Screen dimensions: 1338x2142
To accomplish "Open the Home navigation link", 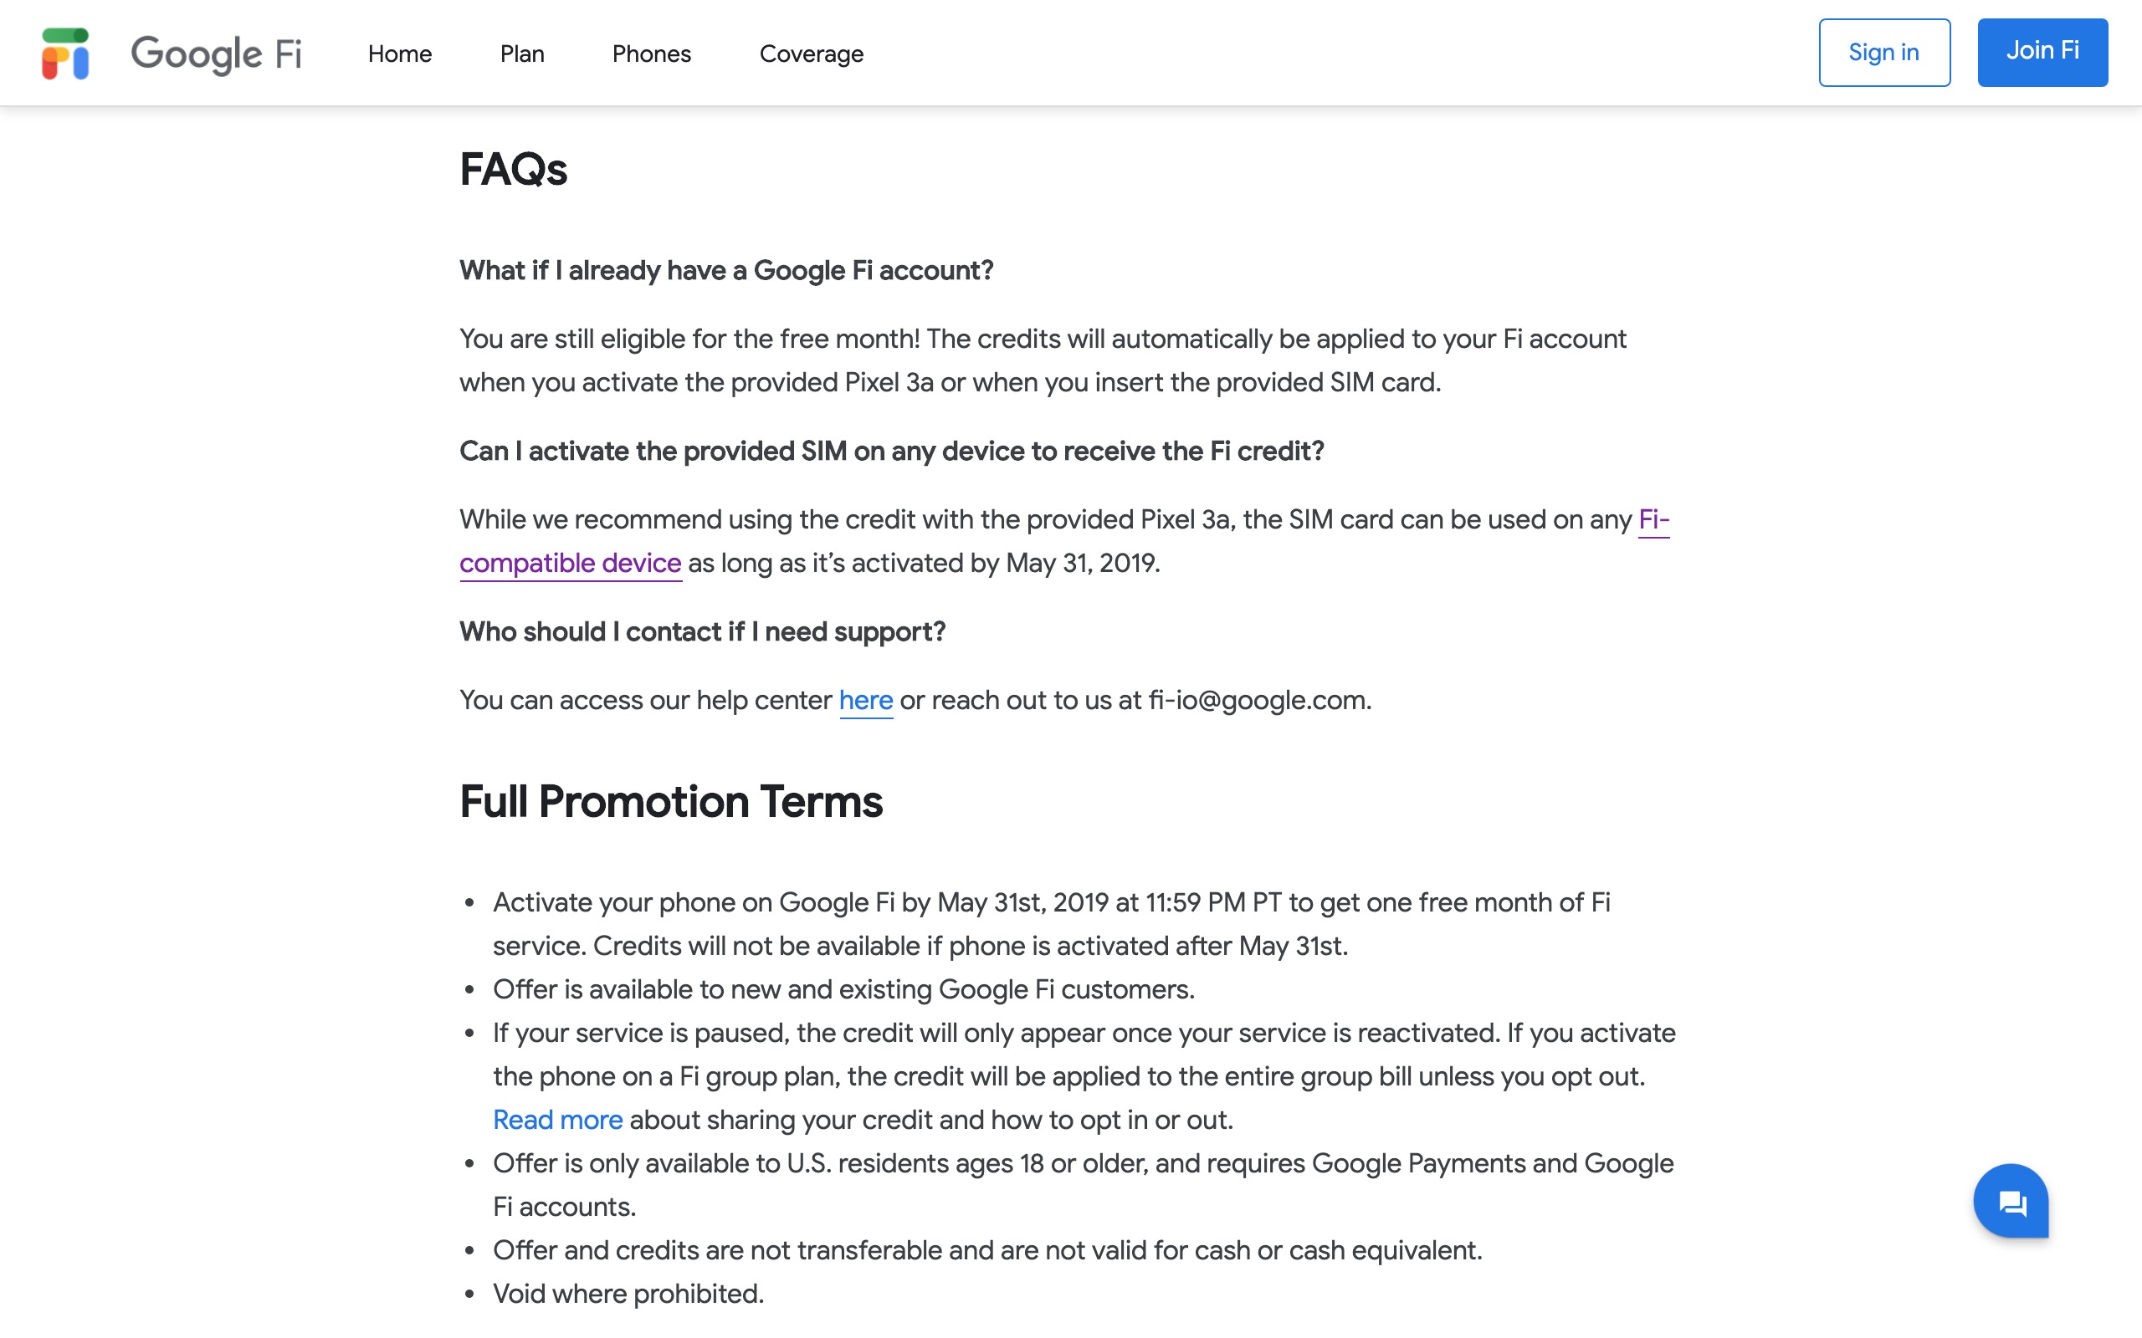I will pos(399,54).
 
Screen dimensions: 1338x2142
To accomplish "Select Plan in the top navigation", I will pos(521,54).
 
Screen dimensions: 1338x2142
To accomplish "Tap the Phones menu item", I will pos(651,54).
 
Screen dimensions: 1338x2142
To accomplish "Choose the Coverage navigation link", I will pos(811,54).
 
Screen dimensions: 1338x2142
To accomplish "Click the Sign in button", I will pos(1883,52).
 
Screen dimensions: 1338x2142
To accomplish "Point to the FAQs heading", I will pos(514,169).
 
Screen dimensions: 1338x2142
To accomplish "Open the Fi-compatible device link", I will pos(570,563).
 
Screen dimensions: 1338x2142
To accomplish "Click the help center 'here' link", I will pos(865,700).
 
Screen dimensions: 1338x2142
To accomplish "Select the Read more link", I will pos(557,1120).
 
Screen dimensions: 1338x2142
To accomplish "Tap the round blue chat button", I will pos(2010,1201).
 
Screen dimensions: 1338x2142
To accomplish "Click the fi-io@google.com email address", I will pos(1257,700).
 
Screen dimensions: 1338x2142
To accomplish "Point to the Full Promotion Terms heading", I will pos(670,802).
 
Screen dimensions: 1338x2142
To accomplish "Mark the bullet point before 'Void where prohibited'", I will pos(470,1295).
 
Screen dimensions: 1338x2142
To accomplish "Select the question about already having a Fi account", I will pos(725,270).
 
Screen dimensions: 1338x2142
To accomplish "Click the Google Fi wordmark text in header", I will pos(216,54).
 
